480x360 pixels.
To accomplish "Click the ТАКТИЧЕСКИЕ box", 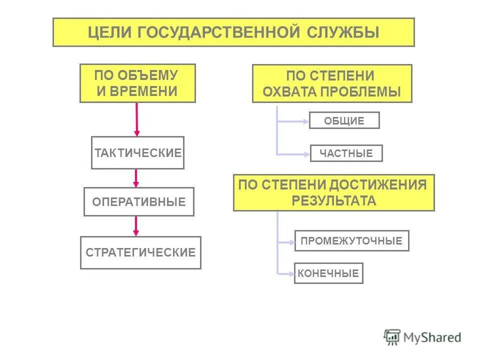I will click(x=137, y=152).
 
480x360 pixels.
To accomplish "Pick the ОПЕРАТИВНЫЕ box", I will click(x=138, y=202).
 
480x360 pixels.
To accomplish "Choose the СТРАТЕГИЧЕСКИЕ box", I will click(x=140, y=252).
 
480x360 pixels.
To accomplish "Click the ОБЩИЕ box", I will click(x=344, y=120).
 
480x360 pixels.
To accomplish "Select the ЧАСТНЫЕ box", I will click(x=346, y=153).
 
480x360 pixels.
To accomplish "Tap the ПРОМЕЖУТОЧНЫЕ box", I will click(x=351, y=241).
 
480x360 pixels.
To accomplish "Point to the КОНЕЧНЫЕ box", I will click(x=328, y=273).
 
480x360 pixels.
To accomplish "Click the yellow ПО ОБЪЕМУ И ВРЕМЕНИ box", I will click(x=137, y=83).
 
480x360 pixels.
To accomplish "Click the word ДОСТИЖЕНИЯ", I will click(x=377, y=185).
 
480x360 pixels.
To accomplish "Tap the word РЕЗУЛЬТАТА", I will click(x=333, y=201).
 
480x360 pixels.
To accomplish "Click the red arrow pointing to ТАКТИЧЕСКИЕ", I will click(x=137, y=120).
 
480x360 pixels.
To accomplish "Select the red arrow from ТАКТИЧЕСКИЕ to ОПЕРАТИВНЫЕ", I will click(x=136, y=178).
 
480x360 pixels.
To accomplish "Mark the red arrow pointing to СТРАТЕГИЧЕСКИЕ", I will click(x=135, y=226).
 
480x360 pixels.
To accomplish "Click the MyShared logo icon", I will click(x=392, y=337).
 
